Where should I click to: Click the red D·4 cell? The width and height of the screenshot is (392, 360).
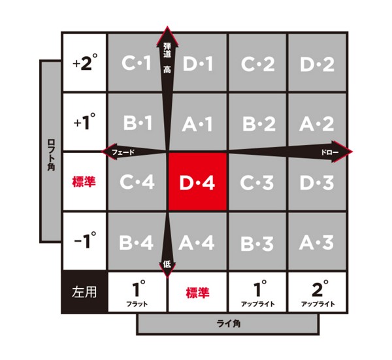197,182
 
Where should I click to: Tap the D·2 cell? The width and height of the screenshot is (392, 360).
318,63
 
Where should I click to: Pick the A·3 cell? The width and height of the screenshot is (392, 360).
318,241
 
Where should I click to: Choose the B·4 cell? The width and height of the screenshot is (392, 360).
137,241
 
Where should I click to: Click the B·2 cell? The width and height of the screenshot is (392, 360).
257,122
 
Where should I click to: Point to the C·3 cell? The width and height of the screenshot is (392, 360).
257,182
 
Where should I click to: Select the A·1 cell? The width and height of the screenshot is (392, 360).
197,122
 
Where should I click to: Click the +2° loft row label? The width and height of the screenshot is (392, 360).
85,63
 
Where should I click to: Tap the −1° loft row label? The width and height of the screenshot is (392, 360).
85,241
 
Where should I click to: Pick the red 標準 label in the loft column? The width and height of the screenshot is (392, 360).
84,182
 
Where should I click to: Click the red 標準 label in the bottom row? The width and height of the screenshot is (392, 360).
197,293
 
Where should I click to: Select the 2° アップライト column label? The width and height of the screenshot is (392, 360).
318,292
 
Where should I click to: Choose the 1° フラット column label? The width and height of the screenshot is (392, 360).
137,292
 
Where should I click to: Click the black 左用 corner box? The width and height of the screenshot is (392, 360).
84,292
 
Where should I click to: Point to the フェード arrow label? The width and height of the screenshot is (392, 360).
123,152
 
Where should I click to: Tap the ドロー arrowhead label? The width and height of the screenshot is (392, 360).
330,152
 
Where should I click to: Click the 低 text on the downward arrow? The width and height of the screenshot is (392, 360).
167,265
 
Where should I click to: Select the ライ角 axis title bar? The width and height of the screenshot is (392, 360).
228,324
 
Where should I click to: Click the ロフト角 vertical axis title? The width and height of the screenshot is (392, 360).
51,155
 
